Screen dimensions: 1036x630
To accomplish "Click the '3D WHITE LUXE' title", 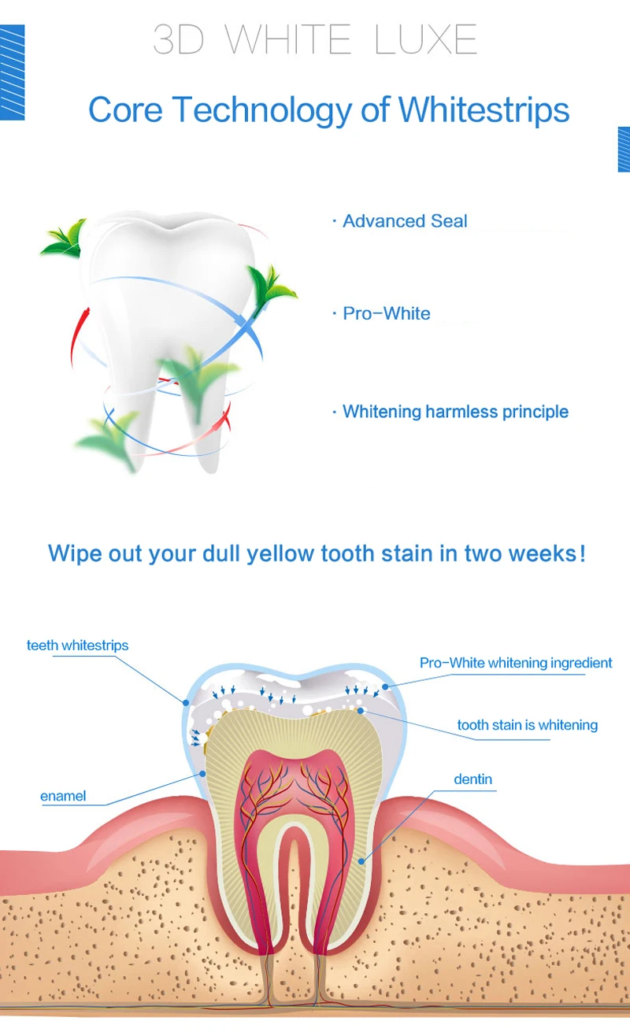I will pyautogui.click(x=315, y=39).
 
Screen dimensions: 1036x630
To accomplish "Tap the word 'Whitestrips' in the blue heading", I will pyautogui.click(x=484, y=109).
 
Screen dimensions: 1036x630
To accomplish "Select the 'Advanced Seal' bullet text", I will pyautogui.click(x=405, y=221).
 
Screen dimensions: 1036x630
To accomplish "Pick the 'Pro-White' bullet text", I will pyautogui.click(x=386, y=313).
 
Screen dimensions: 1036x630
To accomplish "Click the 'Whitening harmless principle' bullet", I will pyautogui.click(x=455, y=412).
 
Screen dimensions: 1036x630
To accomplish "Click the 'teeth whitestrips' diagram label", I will pyautogui.click(x=77, y=646).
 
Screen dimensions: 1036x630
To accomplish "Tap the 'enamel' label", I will pyautogui.click(x=63, y=796).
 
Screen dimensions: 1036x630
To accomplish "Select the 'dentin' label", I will pyautogui.click(x=472, y=779).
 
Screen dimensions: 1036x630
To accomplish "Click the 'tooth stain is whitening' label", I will pyautogui.click(x=527, y=725).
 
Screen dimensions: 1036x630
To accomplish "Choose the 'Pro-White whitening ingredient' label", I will pyautogui.click(x=515, y=663).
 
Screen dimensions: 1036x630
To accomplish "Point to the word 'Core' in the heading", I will pyautogui.click(x=126, y=109).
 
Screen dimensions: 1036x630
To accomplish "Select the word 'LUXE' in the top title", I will pyautogui.click(x=426, y=39).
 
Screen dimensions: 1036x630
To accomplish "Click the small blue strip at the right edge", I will pyautogui.click(x=624, y=149).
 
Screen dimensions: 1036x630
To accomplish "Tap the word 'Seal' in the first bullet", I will pyautogui.click(x=449, y=221).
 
